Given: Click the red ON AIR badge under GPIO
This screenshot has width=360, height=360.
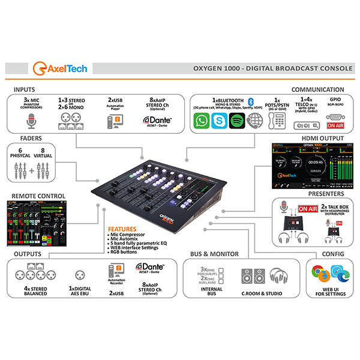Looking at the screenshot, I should click(335, 126).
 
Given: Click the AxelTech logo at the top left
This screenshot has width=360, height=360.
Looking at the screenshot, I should click(60, 67).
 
